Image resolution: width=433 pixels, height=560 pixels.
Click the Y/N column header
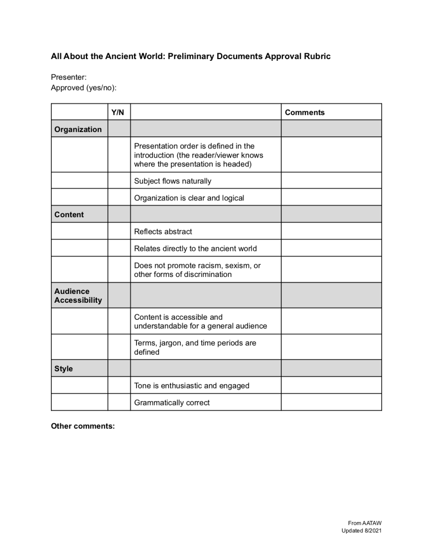click(118, 112)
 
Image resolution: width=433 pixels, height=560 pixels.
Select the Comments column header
click(304, 112)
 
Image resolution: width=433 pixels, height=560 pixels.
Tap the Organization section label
click(78, 129)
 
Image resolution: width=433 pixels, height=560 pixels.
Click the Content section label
click(69, 214)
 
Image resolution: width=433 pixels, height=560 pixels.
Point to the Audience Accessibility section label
click(78, 296)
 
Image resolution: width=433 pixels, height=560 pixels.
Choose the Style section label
click(63, 368)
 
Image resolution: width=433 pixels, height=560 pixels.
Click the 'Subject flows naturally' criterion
click(172, 181)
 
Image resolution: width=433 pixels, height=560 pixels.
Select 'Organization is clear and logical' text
click(189, 198)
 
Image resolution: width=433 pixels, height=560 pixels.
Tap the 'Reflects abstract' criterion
click(163, 231)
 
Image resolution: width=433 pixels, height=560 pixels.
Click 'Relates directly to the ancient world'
click(195, 249)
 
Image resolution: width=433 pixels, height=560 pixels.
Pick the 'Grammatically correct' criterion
click(172, 402)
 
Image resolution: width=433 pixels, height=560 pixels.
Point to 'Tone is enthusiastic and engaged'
click(192, 385)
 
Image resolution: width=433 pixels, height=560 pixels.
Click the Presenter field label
click(69, 78)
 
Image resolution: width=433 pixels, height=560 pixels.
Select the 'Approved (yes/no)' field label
click(84, 88)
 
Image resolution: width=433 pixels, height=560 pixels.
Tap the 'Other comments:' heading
click(83, 426)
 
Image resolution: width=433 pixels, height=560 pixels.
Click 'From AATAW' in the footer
click(365, 523)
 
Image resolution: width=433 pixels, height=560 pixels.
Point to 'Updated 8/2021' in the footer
click(360, 531)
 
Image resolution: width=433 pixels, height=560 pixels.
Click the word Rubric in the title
click(315, 56)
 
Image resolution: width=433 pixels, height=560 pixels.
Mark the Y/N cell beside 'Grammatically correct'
click(119, 402)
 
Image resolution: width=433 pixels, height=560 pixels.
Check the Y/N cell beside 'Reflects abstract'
click(119, 231)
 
